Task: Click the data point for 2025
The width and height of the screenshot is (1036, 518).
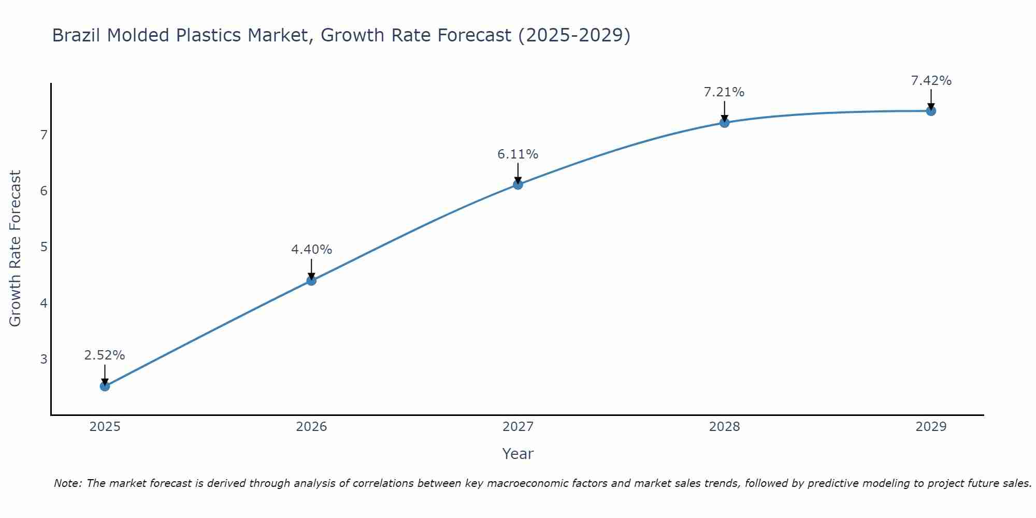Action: [105, 386]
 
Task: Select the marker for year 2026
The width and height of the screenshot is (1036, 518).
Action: [311, 280]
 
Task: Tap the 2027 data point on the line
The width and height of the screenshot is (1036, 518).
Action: [518, 184]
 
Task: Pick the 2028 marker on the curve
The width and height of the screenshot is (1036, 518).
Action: [724, 123]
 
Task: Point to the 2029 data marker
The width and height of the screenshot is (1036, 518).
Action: [931, 111]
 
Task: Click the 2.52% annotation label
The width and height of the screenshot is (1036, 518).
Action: [105, 355]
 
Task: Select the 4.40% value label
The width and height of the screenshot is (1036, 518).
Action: [311, 250]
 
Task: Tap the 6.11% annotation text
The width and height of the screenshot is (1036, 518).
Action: [518, 154]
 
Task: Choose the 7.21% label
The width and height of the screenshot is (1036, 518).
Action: [724, 92]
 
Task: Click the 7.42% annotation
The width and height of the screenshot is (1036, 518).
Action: [931, 81]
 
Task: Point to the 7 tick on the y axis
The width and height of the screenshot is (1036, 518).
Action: [44, 135]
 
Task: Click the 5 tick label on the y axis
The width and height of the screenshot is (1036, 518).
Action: [44, 247]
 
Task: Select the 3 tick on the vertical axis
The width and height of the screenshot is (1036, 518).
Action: [44, 359]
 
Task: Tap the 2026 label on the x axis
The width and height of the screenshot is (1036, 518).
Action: [311, 427]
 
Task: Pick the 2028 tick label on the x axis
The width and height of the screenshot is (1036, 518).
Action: [724, 427]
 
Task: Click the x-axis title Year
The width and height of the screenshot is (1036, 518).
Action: [518, 454]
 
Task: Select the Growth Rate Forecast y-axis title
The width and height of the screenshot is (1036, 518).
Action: [16, 249]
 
